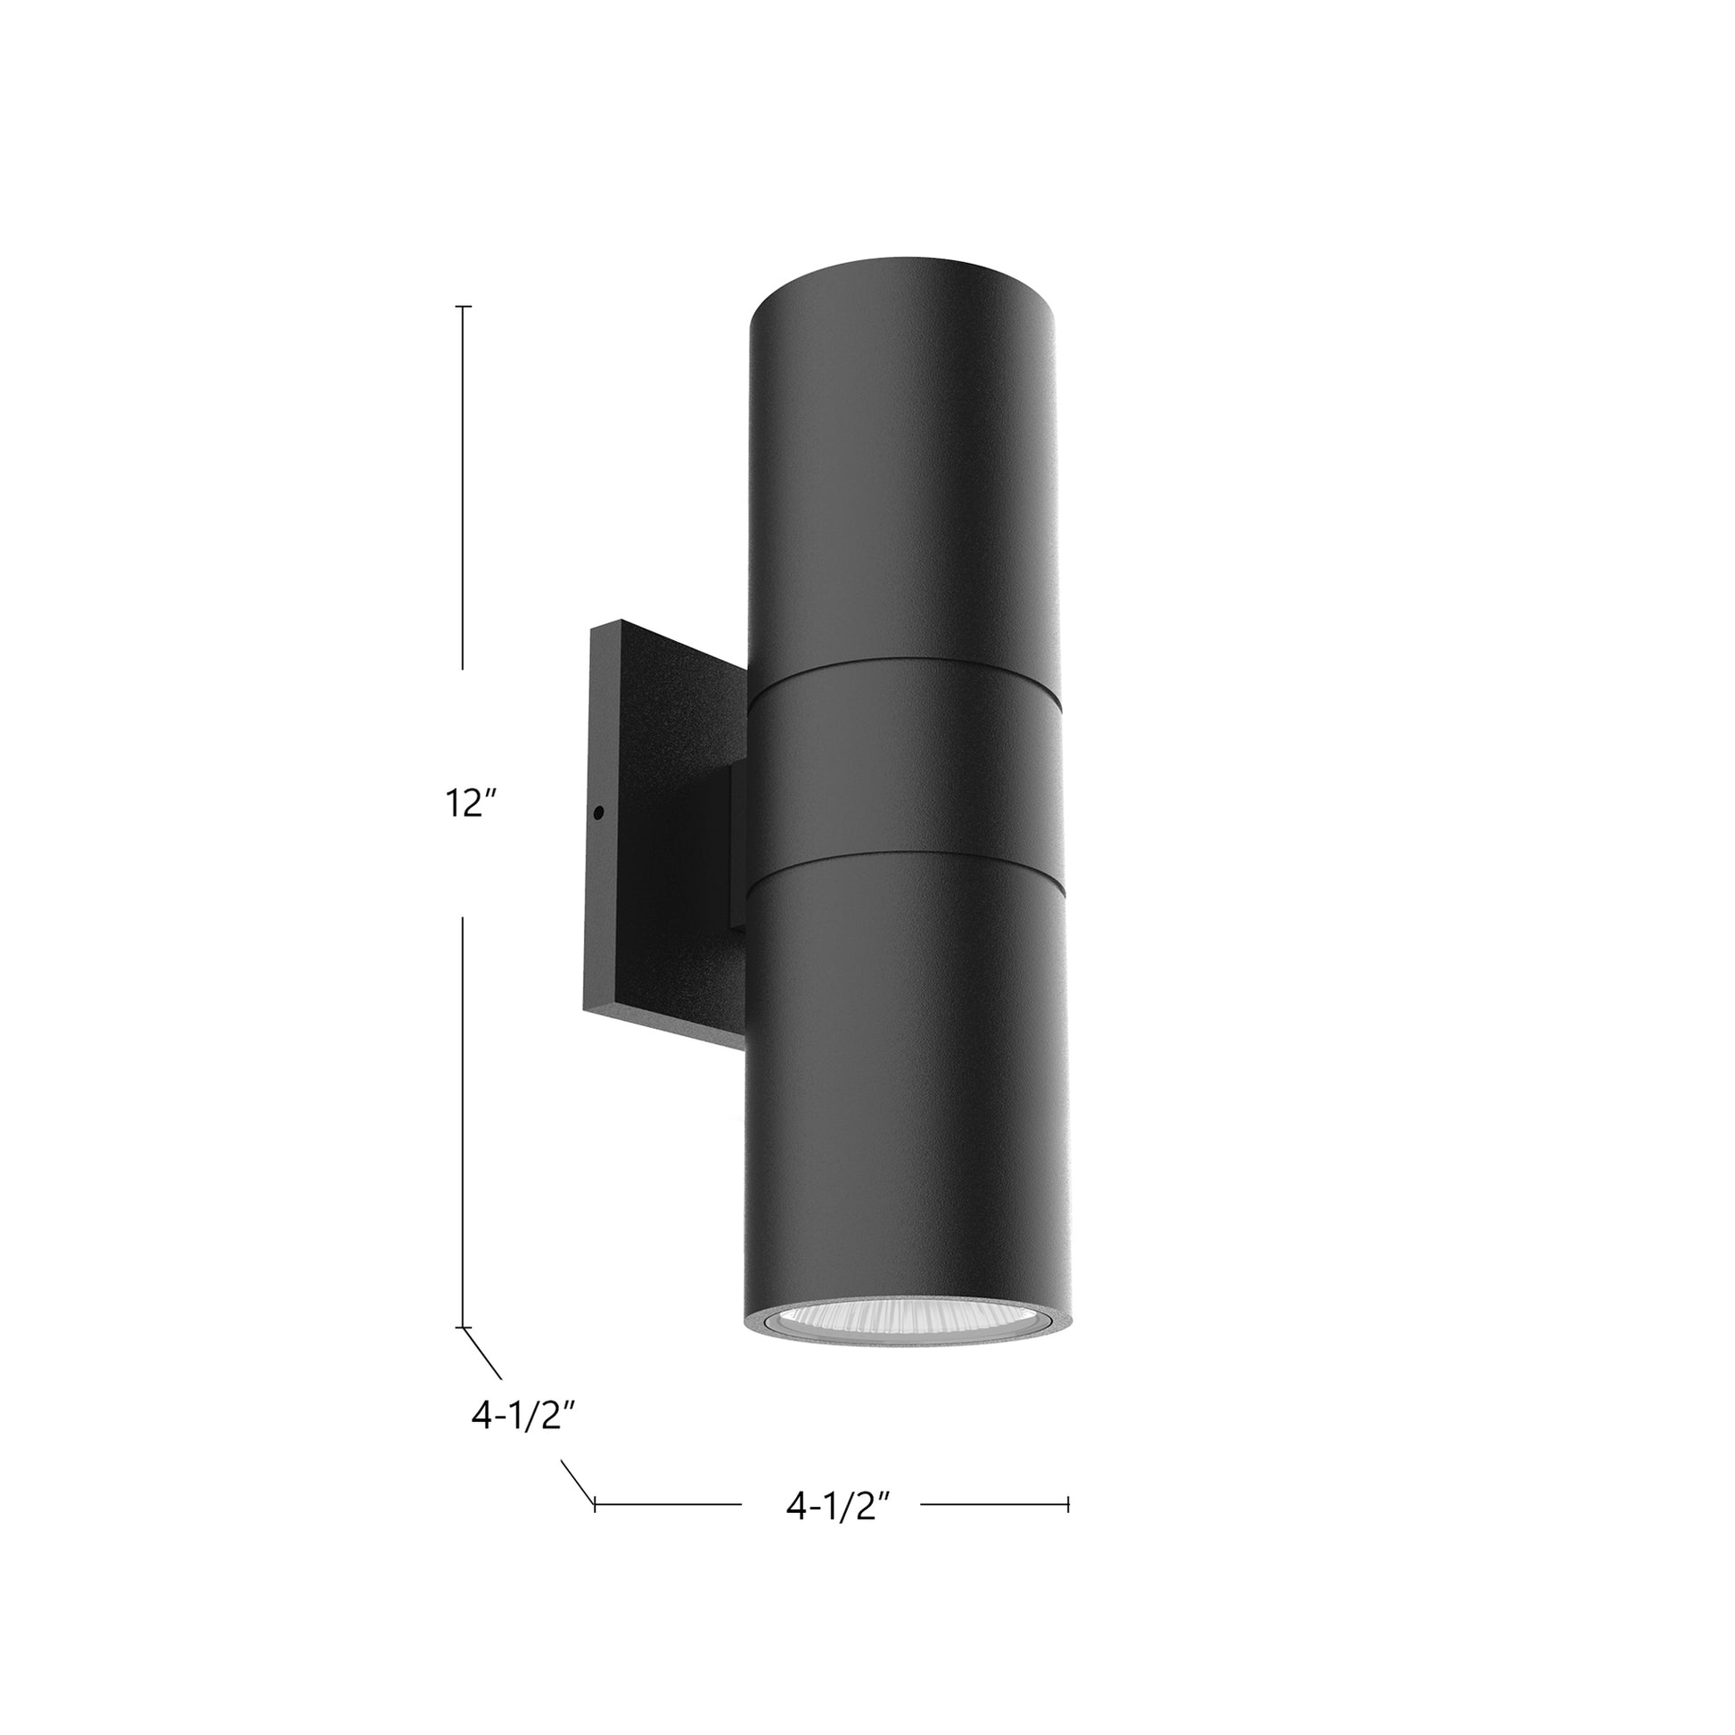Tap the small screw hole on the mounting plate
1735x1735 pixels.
click(598, 812)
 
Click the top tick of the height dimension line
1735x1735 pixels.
click(464, 307)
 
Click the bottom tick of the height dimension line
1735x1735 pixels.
click(464, 1327)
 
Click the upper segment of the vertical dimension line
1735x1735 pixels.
click(464, 485)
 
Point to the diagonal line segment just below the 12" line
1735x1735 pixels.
click(482, 1353)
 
